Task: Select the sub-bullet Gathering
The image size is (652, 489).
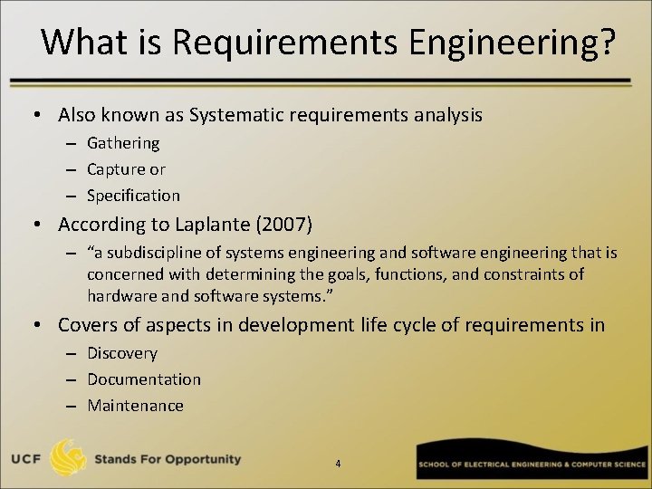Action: pos(123,143)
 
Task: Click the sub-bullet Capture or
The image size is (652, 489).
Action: pos(126,169)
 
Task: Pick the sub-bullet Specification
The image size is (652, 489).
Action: pos(133,196)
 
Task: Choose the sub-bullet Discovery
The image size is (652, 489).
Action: pos(122,353)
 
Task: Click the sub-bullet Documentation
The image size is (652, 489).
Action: pos(144,379)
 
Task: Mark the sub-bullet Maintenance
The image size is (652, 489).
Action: pos(135,406)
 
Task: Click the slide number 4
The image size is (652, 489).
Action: pos(338,464)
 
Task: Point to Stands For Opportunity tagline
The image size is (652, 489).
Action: pos(169,459)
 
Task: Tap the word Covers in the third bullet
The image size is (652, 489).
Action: pos(86,325)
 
